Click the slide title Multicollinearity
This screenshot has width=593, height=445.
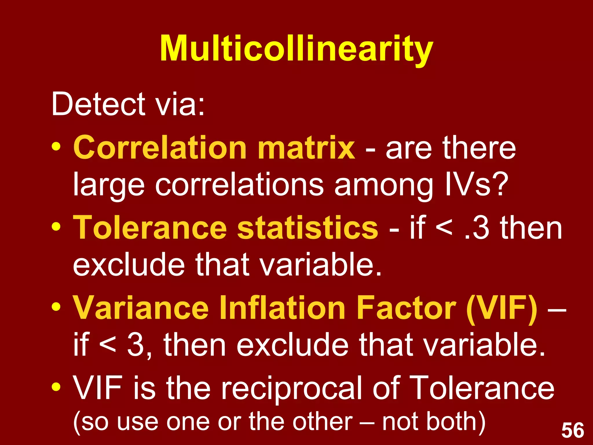pyautogui.click(x=296, y=49)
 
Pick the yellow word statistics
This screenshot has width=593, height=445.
pyautogui.click(x=308, y=228)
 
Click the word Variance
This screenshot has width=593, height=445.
pyautogui.click(x=140, y=308)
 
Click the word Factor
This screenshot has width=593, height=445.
pyautogui.click(x=406, y=308)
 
